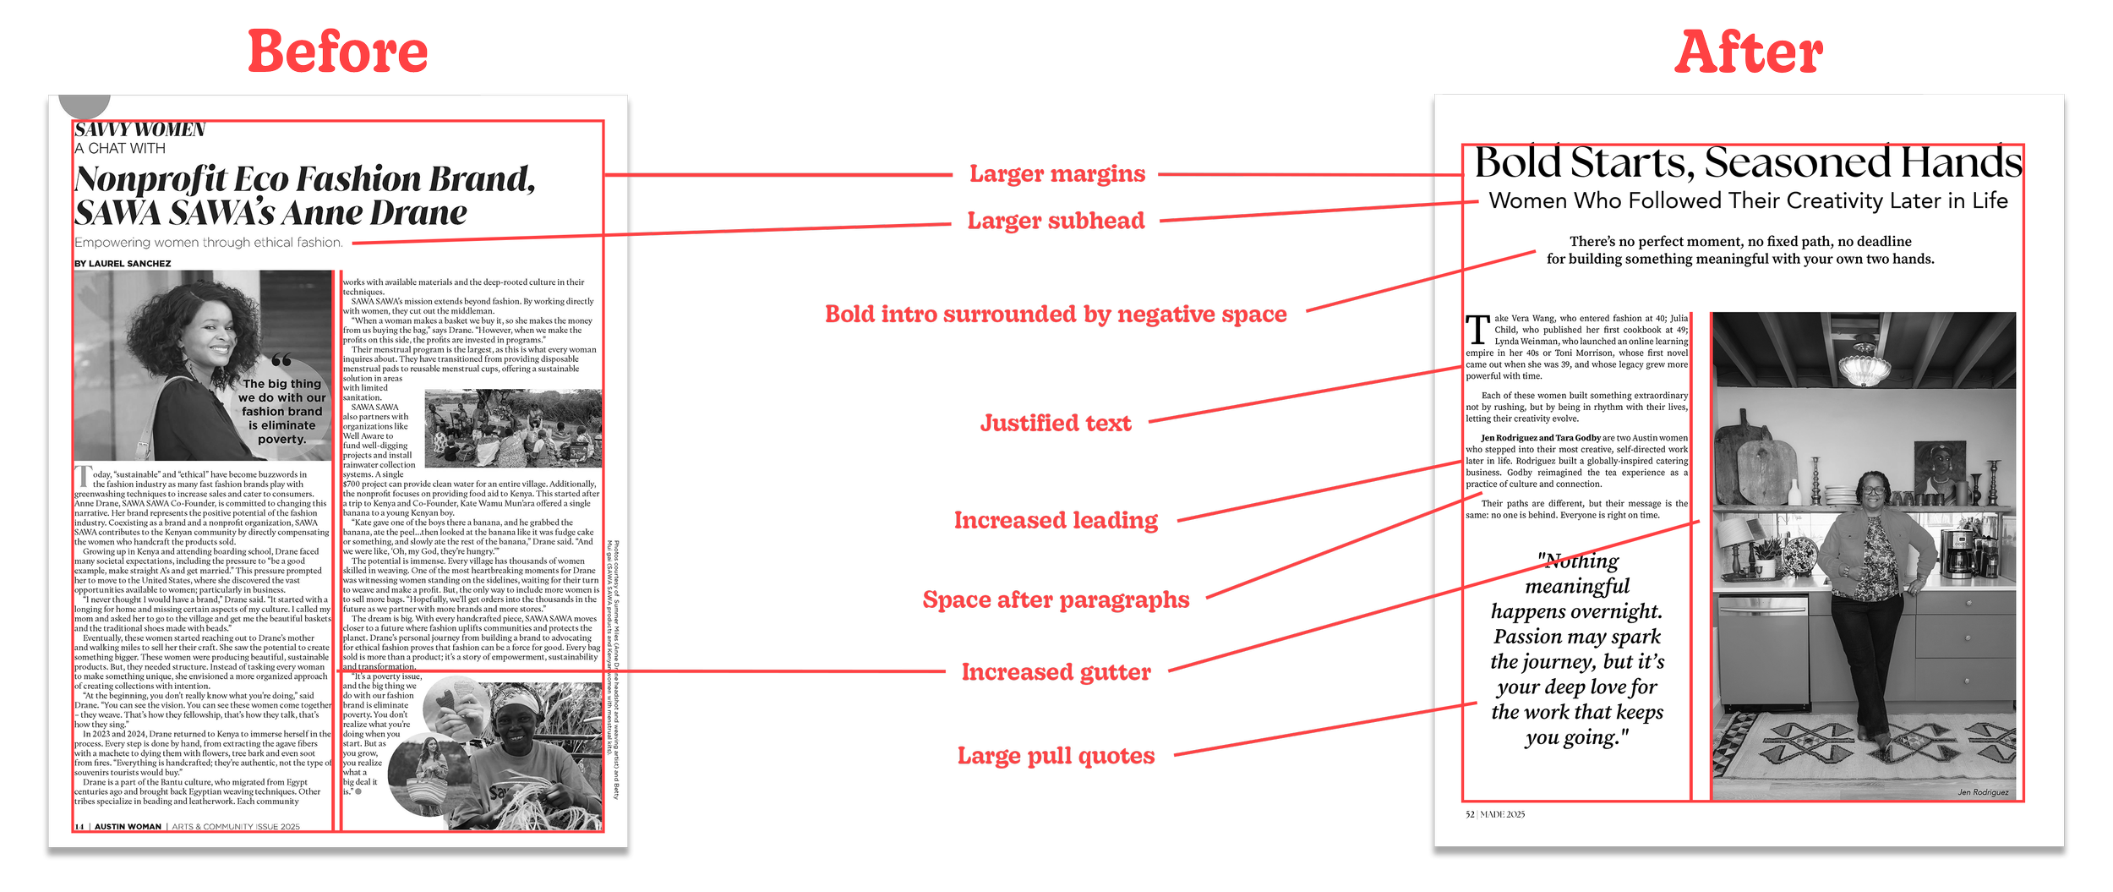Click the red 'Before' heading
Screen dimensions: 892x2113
click(337, 52)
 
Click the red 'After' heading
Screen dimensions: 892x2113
click(1748, 52)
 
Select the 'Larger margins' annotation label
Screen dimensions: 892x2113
click(1056, 174)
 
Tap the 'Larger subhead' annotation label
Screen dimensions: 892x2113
click(1056, 222)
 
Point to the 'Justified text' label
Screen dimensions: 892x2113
click(1055, 423)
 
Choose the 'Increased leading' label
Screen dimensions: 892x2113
click(1056, 521)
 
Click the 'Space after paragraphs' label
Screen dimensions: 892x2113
click(1056, 600)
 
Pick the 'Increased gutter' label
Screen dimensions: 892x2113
click(1056, 672)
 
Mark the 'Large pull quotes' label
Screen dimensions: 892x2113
click(1056, 756)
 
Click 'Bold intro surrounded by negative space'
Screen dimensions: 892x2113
click(1056, 315)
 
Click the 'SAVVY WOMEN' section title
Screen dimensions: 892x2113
click(140, 130)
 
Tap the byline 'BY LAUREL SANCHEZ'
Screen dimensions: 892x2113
click(123, 264)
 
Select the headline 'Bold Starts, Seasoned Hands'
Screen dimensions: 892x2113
click(1748, 163)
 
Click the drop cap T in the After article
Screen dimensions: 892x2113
click(1477, 330)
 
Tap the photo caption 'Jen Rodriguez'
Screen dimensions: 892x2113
click(1983, 792)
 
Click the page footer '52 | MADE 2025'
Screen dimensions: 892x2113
click(1495, 815)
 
